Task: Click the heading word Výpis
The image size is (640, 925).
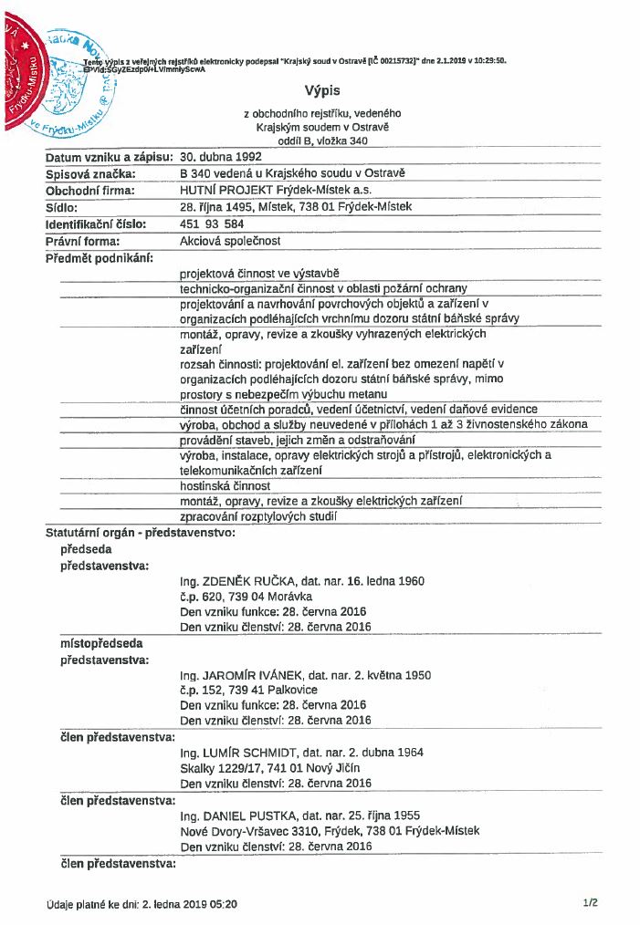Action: tap(320, 90)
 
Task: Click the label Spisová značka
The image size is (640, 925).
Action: tap(91, 174)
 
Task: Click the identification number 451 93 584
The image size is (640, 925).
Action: tap(212, 223)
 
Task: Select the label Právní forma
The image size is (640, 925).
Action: tap(83, 241)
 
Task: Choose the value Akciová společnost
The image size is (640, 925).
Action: tap(230, 241)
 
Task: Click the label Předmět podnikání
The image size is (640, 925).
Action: tap(100, 257)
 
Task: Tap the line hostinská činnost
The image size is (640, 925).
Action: tap(225, 486)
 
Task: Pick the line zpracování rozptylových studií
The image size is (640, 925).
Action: tap(258, 517)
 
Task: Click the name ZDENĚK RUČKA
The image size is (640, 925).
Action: tap(240, 581)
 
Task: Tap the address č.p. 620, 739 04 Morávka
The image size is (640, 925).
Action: tap(247, 597)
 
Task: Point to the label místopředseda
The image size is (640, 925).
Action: tap(101, 643)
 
